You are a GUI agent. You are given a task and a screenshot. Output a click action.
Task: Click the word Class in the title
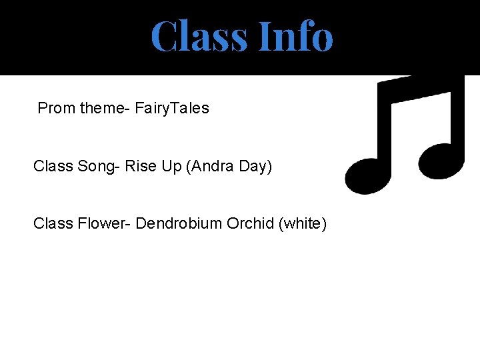[x=198, y=36]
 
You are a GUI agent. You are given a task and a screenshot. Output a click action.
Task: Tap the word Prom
[x=56, y=108]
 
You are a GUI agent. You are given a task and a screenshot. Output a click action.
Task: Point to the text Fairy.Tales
[x=172, y=108]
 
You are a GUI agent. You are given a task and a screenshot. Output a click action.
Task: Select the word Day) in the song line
[x=255, y=166]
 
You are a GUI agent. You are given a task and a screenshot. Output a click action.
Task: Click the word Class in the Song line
[x=53, y=166]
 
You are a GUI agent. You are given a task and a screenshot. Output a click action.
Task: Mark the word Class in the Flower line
[x=53, y=223]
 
